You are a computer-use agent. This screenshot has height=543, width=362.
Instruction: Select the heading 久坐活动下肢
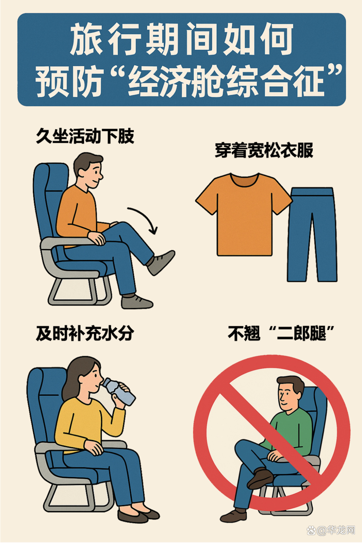point(85,136)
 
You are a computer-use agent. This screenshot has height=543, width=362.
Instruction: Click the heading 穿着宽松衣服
point(264,151)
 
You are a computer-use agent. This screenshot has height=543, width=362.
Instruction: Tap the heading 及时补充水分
point(85,334)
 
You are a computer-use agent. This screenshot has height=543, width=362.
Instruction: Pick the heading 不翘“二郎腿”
point(281,334)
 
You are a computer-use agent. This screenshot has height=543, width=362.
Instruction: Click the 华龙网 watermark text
point(341,530)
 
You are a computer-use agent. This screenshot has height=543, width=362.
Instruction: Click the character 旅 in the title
point(86,39)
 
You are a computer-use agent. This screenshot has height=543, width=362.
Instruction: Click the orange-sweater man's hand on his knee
point(97,238)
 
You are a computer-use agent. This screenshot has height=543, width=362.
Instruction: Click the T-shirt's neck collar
point(244,179)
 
